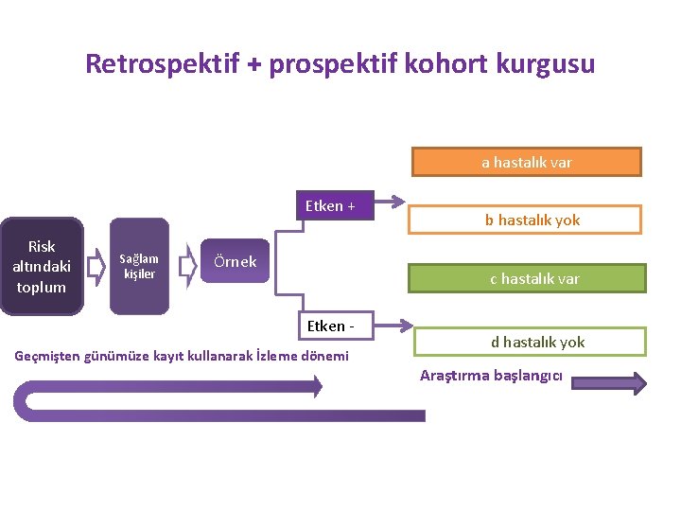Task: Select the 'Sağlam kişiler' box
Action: (139, 267)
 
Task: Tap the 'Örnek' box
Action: (235, 261)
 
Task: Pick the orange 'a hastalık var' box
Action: (527, 162)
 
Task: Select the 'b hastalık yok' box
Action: (533, 220)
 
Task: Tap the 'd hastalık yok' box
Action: (537, 342)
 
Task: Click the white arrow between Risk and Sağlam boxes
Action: (95, 267)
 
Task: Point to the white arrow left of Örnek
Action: (187, 261)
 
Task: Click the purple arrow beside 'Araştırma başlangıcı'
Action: (609, 382)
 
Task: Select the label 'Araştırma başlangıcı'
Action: (491, 375)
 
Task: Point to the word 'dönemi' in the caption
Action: (326, 356)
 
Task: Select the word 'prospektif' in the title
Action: (323, 63)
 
